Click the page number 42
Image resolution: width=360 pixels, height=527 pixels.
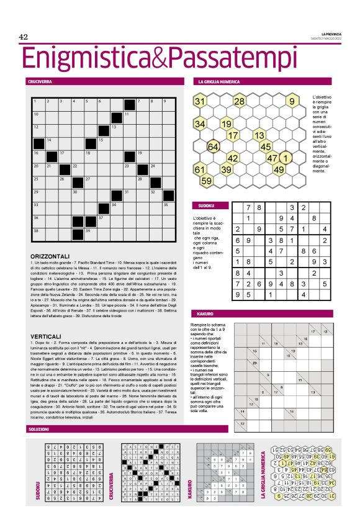(24, 37)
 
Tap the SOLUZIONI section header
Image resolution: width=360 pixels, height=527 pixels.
(38, 429)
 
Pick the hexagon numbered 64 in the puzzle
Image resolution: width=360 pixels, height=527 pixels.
(213, 146)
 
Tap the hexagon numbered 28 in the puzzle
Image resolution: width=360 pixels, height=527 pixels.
(239, 101)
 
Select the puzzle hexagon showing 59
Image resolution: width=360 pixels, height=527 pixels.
(206, 181)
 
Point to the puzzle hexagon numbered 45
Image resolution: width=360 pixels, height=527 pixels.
(266, 146)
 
